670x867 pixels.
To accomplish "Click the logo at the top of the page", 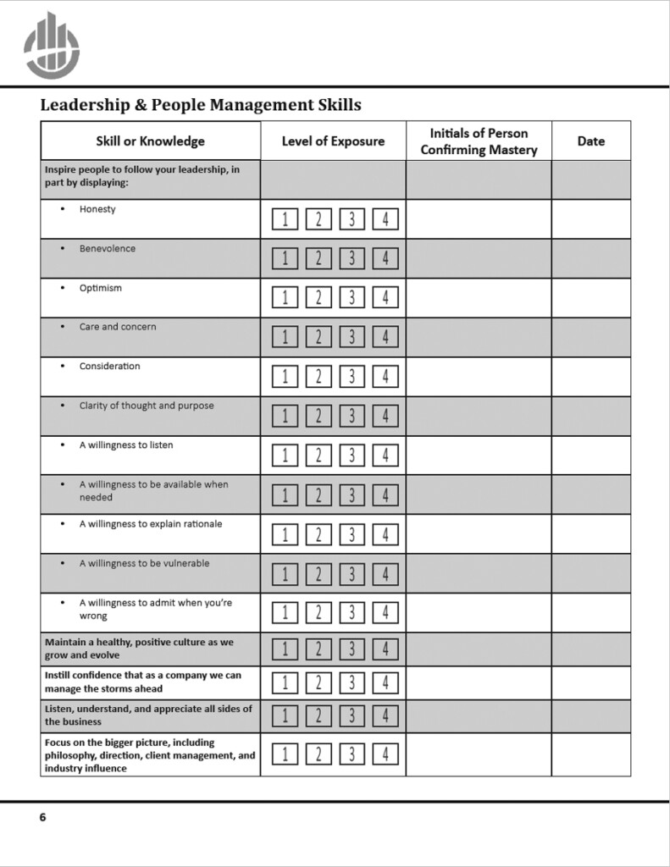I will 52,46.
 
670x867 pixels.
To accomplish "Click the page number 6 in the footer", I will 43,817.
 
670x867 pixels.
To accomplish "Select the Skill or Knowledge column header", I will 150,141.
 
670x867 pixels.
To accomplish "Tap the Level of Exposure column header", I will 333,141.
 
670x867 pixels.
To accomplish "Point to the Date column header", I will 590,141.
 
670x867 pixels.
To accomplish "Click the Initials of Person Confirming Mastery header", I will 479,141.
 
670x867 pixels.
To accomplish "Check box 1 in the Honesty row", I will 285,219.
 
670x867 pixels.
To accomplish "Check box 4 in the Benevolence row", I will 385,258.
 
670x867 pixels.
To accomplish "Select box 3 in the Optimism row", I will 352,298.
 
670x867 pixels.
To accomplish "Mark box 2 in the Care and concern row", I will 318,337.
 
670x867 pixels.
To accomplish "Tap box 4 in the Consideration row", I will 385,377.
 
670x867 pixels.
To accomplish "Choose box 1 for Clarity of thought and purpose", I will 285,416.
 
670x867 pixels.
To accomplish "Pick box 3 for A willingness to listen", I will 352,456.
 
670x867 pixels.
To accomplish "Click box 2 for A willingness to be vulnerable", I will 318,574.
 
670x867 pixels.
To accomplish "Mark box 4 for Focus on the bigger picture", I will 385,754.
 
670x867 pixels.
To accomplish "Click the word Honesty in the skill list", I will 97,209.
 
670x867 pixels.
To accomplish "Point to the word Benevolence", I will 108,249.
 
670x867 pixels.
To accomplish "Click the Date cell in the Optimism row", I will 590,298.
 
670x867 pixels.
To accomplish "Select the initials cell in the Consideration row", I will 479,377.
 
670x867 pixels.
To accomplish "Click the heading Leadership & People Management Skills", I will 201,105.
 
